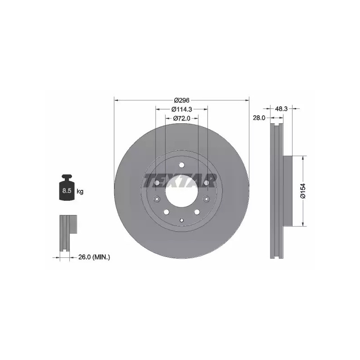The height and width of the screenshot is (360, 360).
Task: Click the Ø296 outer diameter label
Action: [182, 100]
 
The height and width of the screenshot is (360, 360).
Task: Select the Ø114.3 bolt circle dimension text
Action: [182, 109]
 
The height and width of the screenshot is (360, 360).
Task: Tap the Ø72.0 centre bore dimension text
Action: [182, 118]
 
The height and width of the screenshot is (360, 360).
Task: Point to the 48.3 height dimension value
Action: [281, 108]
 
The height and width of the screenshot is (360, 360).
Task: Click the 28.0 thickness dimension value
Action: [259, 118]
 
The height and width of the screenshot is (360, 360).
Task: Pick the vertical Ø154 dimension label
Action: [303, 190]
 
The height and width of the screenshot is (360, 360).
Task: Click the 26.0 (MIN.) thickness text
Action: [94, 257]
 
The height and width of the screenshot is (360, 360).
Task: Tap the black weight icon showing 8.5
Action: [67, 187]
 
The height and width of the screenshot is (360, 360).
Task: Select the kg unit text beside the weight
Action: [80, 191]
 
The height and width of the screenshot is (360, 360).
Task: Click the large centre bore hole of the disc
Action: [182, 191]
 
